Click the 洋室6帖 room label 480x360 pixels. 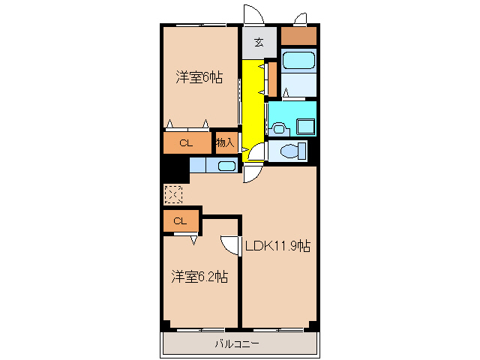[x=199, y=76]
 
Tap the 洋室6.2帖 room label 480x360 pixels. [x=199, y=277]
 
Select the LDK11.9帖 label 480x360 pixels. [x=278, y=245]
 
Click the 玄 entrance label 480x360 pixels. [x=258, y=42]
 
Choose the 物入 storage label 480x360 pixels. [x=225, y=142]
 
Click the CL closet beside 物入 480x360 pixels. [x=187, y=142]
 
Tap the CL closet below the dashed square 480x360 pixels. [x=180, y=220]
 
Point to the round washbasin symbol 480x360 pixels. [x=279, y=127]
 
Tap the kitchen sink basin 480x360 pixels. [x=226, y=166]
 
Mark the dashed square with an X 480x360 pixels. [x=173, y=194]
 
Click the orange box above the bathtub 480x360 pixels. [x=298, y=35]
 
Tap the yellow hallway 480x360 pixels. [x=253, y=105]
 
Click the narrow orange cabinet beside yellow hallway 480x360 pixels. [x=272, y=78]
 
